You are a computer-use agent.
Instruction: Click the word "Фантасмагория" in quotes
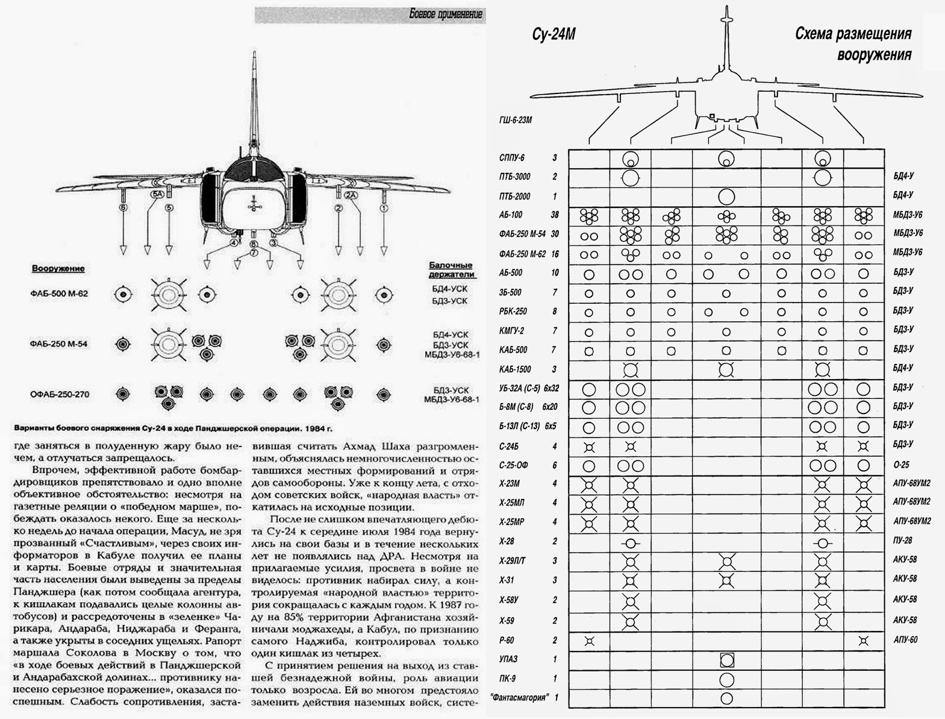point(520,698)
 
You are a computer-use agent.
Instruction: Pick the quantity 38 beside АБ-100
point(555,215)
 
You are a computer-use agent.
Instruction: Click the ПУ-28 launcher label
point(903,541)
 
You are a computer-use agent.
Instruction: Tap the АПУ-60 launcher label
point(905,639)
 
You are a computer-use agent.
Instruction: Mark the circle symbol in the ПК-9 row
point(726,679)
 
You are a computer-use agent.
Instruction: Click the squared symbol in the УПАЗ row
point(726,659)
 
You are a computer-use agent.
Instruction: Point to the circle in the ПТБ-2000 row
point(726,196)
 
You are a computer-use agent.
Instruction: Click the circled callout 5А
point(157,195)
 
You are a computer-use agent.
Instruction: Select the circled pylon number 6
point(123,208)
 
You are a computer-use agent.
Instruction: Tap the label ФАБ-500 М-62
point(58,294)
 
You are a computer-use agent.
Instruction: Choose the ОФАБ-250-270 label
point(59,395)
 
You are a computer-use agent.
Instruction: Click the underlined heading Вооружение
point(58,269)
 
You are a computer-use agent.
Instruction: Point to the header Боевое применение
point(445,14)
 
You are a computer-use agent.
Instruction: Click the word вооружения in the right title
point(874,55)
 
